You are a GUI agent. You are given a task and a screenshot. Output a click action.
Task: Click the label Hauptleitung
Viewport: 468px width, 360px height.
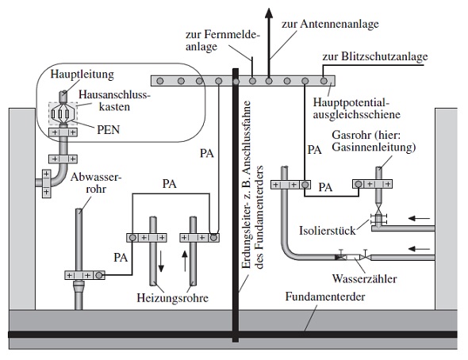pos(82,75)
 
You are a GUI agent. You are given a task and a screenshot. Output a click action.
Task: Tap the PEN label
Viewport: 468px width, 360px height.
pos(109,130)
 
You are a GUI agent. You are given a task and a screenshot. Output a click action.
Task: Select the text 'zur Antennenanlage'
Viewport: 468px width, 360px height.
pos(330,25)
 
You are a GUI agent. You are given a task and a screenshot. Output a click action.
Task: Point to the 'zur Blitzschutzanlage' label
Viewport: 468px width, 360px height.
pos(375,56)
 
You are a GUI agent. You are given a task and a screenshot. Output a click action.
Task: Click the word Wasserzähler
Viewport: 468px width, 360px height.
pos(364,278)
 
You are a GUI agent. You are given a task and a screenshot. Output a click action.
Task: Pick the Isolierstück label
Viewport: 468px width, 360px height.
pos(328,231)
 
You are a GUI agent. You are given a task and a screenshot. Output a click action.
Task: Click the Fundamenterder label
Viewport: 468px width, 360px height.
pos(325,297)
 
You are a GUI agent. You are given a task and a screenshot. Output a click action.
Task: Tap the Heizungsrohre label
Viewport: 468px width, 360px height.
pos(172,298)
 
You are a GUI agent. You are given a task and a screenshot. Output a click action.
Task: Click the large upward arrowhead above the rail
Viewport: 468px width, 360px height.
pos(269,13)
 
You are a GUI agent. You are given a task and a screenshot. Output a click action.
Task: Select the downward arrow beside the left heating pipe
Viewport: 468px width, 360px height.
pos(161,261)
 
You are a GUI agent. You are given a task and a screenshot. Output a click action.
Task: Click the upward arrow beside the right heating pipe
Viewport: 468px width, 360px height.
pos(185,261)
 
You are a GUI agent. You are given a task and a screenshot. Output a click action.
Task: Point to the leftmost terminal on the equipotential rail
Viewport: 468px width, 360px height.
pos(160,81)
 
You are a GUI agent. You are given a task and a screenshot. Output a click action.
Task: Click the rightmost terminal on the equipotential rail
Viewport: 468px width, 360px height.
pos(324,81)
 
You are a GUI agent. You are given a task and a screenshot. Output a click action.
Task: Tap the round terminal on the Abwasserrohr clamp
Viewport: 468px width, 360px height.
pos(99,275)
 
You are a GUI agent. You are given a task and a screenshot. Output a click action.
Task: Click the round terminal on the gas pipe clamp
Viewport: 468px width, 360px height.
pos(359,184)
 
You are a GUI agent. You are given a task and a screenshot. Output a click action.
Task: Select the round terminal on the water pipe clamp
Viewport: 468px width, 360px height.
pos(305,185)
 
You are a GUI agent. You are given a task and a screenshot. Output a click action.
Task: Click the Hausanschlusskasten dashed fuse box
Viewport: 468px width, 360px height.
pos(63,113)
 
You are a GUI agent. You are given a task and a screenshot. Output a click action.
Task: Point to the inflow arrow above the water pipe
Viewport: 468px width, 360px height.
pos(419,248)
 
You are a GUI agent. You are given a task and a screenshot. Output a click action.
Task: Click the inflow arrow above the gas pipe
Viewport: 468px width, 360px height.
pos(419,218)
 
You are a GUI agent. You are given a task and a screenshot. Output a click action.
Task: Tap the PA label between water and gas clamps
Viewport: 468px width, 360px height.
pos(325,188)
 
